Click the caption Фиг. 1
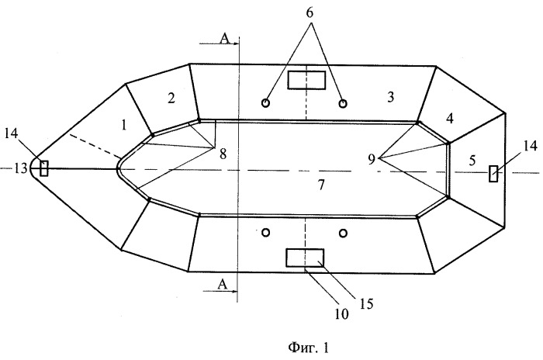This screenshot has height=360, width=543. tap(308, 347)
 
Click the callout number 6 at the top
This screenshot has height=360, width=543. tap(310, 12)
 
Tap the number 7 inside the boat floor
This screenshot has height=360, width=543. tap(321, 185)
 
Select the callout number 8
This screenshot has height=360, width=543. tap(223, 154)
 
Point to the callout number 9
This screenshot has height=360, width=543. tap(372, 159)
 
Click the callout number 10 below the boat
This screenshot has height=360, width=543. tap(341, 314)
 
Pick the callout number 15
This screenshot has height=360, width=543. tap(366, 303)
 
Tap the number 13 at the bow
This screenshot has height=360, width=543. tap(20, 168)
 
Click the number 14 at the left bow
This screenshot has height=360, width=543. tap(11, 133)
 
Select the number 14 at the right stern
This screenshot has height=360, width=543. tap(530, 146)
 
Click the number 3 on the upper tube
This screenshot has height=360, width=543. tap(391, 97)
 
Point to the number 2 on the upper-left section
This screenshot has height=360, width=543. tap(171, 99)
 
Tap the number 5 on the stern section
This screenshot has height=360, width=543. tap(472, 161)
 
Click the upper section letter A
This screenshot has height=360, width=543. tap(225, 39)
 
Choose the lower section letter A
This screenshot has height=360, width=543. tap(223, 284)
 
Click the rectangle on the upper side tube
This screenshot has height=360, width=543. tap(307, 80)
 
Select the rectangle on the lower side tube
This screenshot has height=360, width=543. tap(305, 258)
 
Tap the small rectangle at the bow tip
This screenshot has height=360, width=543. tap(44, 168)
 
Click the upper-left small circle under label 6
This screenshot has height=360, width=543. tap(265, 103)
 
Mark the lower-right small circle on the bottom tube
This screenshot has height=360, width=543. tap(343, 234)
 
